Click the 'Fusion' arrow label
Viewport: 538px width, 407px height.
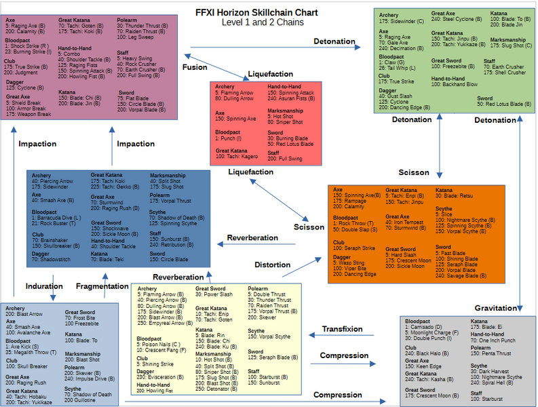(x=195, y=67)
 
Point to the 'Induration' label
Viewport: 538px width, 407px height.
(x=44, y=286)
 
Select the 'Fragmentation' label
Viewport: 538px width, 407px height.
(x=102, y=286)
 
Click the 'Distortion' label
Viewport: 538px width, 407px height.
(x=273, y=264)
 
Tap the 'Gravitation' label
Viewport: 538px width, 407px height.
(x=495, y=308)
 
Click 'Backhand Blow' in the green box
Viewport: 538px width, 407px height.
(x=459, y=84)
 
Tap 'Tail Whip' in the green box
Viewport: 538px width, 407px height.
(x=403, y=69)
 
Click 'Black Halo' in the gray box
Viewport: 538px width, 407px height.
(x=425, y=353)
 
